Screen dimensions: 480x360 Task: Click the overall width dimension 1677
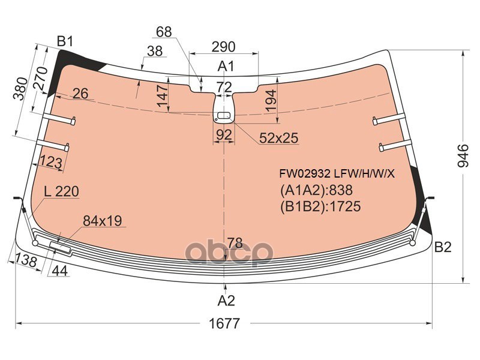[x=224, y=323]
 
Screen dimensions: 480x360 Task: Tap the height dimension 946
[x=463, y=155]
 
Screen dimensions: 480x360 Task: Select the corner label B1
[x=65, y=41]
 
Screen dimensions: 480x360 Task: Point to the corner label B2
[x=443, y=247]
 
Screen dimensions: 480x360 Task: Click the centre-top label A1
[x=226, y=66]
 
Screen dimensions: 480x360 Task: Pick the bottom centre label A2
[x=226, y=301]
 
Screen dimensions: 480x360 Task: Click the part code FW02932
[x=305, y=174]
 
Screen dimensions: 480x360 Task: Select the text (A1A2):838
[x=317, y=190]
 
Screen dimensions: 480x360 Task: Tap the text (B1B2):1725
[x=320, y=206]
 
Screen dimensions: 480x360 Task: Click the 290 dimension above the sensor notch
[x=224, y=47]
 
